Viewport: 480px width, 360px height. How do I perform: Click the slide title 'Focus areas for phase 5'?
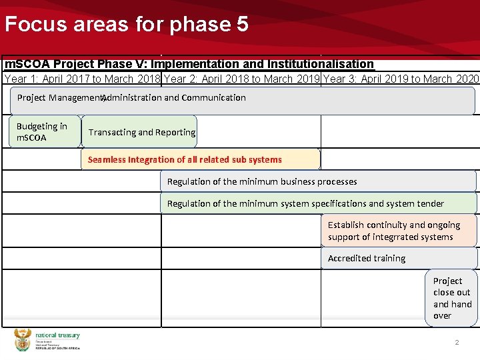tap(127, 25)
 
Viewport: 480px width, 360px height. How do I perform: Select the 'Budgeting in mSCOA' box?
tap(42, 132)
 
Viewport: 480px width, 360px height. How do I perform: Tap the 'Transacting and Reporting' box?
tap(141, 132)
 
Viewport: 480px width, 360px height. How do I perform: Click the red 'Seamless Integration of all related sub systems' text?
tap(185, 160)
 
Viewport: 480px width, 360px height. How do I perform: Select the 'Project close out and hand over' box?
tap(452, 298)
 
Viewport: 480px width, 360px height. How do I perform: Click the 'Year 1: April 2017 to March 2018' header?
tap(82, 79)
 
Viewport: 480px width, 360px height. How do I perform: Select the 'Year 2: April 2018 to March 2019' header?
tap(242, 79)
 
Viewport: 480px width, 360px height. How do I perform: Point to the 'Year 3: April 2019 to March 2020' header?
tap(401, 79)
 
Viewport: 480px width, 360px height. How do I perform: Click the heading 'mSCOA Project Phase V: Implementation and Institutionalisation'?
tap(189, 64)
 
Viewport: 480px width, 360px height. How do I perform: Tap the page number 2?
tap(457, 342)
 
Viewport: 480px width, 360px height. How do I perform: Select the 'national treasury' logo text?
tap(57, 335)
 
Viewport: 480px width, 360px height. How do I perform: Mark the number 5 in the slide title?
tap(242, 25)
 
